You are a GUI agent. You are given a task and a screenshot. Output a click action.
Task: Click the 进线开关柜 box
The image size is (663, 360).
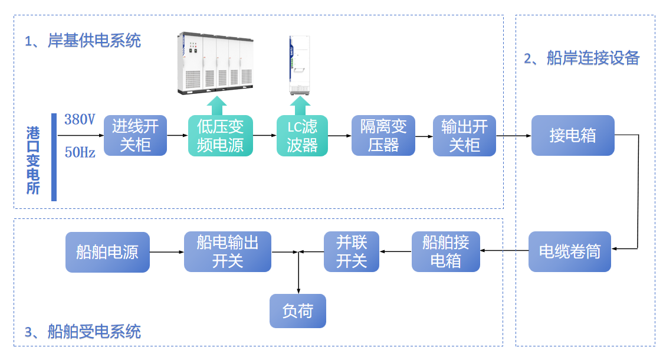pos(136,136)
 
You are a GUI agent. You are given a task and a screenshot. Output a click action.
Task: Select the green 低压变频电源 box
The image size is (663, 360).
pos(220,136)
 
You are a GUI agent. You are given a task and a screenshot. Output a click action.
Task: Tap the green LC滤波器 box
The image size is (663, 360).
pos(302,136)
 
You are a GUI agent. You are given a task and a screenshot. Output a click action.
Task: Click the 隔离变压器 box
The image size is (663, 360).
pos(383,136)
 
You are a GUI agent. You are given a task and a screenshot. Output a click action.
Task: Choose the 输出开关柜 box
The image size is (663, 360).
pos(464,136)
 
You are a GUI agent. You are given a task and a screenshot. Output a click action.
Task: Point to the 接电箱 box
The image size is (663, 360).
pos(572,136)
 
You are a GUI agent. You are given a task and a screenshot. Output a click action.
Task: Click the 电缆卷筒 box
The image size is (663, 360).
pos(569,252)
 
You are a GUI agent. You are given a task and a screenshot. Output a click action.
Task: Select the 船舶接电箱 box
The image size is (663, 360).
pos(445,252)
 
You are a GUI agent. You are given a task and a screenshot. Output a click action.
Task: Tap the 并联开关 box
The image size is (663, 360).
pos(352,252)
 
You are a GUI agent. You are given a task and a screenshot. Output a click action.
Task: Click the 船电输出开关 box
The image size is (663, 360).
pos(227,252)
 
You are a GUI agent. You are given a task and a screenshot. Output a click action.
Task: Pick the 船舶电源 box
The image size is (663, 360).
pos(107,252)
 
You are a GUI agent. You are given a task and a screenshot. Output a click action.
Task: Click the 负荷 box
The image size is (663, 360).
pos(297,311)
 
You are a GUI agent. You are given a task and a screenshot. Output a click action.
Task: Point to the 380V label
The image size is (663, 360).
pos(80,120)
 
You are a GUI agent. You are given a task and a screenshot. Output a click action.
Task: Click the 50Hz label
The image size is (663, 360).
pos(80,152)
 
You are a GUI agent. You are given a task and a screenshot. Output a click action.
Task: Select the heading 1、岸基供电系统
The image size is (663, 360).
pos(83,41)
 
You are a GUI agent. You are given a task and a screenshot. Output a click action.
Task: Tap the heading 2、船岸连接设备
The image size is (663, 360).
pos(582,58)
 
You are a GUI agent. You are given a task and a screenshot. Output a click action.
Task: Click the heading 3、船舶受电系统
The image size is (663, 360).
pos(83,332)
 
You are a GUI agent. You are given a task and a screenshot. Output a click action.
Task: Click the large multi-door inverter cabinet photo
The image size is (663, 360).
pos(216,64)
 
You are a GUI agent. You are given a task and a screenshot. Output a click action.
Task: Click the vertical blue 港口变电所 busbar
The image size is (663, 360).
pos(54,158)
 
